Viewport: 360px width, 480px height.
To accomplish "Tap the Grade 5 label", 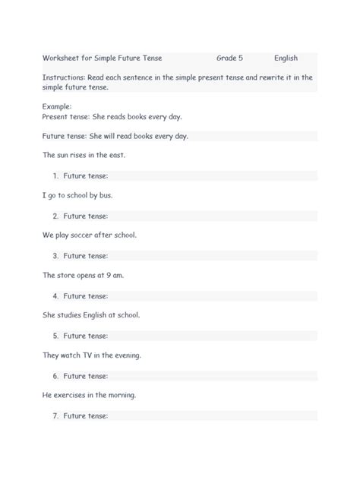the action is [229, 58].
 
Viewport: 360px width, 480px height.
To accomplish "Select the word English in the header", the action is [286, 58].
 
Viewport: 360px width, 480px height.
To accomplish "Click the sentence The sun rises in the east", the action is [84, 155].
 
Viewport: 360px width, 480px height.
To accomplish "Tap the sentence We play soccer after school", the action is [90, 235].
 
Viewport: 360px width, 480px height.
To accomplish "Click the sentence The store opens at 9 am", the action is [83, 275].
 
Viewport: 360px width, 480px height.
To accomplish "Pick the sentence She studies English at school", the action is [91, 314].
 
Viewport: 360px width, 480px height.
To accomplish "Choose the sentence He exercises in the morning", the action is [89, 395].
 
